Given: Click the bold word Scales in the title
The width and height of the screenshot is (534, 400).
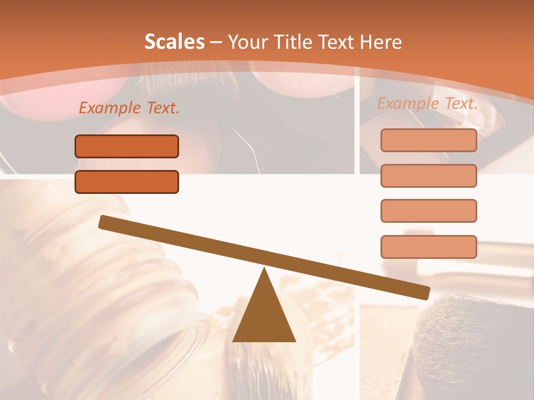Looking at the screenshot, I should point(175,42).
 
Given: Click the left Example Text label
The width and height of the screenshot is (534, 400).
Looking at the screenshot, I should point(129,108).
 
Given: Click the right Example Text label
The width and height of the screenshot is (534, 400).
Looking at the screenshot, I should point(427,103).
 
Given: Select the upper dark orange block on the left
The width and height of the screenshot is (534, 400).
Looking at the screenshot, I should point(127,146).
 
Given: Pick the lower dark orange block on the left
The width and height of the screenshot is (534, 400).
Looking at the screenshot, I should point(127,182).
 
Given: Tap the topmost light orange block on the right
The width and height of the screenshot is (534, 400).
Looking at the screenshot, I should point(428,140).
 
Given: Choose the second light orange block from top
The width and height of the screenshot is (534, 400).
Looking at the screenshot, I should point(428,176).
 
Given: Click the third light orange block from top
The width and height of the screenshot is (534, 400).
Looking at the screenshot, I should point(428,211).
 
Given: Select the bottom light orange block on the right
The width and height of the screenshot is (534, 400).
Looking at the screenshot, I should point(428,247).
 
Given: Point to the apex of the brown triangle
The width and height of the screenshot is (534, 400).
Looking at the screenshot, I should point(264,269).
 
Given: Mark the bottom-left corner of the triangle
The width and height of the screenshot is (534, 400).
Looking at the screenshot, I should point(234,341).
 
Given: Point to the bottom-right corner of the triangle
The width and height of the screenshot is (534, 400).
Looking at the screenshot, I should point(295,341).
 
